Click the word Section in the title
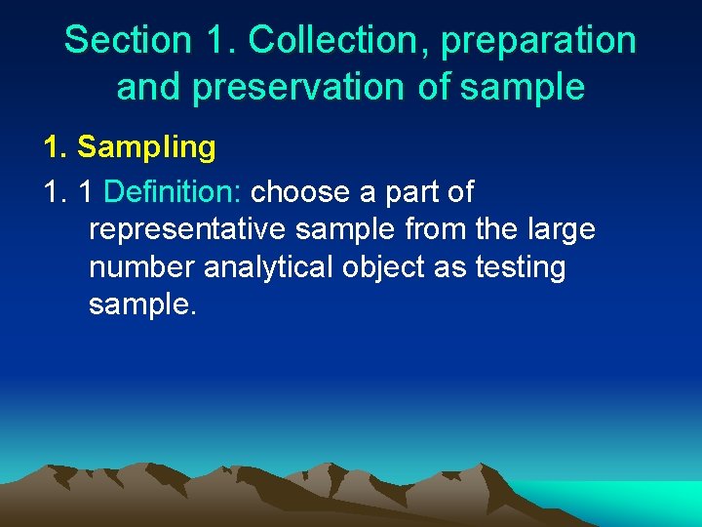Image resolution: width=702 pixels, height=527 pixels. tap(128, 40)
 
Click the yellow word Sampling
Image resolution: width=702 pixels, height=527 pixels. tap(146, 147)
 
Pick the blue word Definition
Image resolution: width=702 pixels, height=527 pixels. tap(173, 191)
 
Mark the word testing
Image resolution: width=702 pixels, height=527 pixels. tap(520, 266)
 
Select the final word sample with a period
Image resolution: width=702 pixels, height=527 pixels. tap(142, 304)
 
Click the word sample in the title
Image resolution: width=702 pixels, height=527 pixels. tap(522, 87)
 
